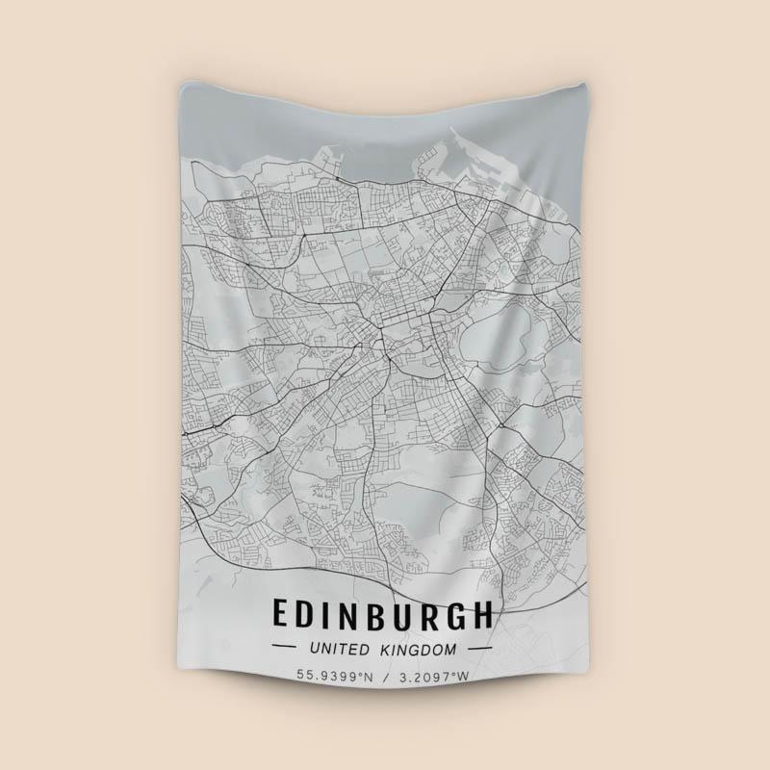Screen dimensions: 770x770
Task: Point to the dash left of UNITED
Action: click(286, 650)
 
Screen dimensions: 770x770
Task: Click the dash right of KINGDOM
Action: click(478, 650)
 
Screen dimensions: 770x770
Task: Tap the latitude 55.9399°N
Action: click(334, 676)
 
